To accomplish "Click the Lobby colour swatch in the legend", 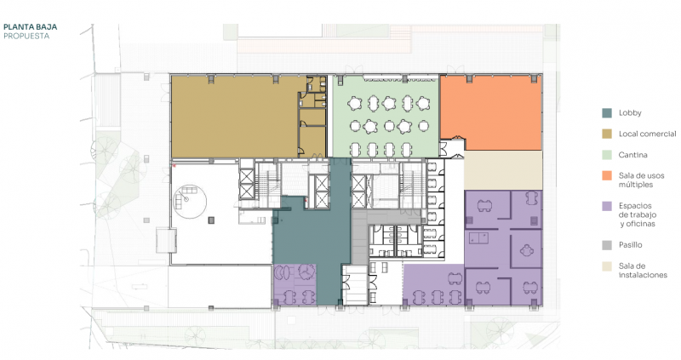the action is [x=607, y=113].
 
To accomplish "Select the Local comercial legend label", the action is [x=647, y=134].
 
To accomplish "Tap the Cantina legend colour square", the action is [x=607, y=155].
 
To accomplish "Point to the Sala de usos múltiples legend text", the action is [x=641, y=180].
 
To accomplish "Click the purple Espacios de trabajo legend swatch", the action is [x=607, y=206].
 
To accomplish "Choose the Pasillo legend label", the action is [x=630, y=245].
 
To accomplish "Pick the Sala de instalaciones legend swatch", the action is [x=607, y=266].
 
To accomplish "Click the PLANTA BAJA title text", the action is [x=30, y=27].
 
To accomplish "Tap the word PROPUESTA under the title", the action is [x=26, y=36].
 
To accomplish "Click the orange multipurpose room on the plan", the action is [x=491, y=112].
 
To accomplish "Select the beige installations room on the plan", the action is [x=503, y=170].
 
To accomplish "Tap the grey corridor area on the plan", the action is [x=359, y=237].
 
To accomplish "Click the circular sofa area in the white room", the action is [x=190, y=201].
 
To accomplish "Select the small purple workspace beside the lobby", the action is [x=294, y=284].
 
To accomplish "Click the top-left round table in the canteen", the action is [x=355, y=103].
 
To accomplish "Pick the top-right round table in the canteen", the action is [x=422, y=103].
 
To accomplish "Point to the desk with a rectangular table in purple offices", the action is [x=479, y=237].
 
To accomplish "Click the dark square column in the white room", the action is [x=211, y=220].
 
